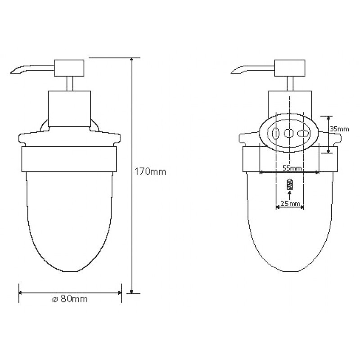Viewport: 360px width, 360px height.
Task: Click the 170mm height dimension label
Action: (150, 172)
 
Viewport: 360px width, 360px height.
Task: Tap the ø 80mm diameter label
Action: (70, 299)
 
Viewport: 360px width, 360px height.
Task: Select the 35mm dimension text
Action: (340, 129)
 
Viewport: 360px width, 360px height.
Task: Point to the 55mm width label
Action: (292, 168)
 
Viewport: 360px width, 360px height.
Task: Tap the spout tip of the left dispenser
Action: (11, 73)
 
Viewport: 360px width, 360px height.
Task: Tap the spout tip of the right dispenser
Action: (232, 73)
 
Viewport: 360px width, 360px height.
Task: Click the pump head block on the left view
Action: (69, 68)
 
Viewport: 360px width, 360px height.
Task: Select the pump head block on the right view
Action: (290, 68)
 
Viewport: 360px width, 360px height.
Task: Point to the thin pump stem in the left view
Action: (70, 84)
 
